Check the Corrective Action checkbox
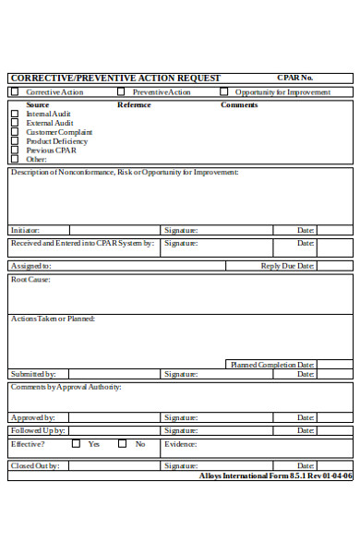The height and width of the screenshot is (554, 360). click(x=14, y=92)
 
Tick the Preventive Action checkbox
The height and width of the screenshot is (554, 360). click(x=121, y=92)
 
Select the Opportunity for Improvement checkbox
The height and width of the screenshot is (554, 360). click(x=223, y=92)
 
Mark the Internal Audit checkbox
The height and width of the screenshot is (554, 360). click(x=14, y=114)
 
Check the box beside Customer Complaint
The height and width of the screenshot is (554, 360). click(x=14, y=132)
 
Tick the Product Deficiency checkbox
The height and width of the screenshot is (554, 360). click(x=14, y=141)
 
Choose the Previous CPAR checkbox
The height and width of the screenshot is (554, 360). click(x=14, y=150)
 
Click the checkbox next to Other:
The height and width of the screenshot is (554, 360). click(x=14, y=159)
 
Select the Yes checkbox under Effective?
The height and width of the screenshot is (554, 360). click(x=74, y=444)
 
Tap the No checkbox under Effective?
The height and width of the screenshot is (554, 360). click(x=122, y=444)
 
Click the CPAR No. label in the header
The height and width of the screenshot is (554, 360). click(x=294, y=78)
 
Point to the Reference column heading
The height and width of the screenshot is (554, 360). click(x=134, y=104)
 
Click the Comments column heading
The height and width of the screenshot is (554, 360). click(x=238, y=104)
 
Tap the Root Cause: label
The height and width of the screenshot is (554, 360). click(x=30, y=279)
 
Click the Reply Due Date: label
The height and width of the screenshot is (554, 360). click(x=288, y=266)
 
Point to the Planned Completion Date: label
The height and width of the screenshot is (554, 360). click(x=272, y=365)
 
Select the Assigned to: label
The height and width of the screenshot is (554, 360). click(x=30, y=266)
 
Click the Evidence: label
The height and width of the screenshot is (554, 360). click(x=181, y=444)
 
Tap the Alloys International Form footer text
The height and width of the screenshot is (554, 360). click(x=275, y=477)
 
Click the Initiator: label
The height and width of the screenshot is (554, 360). click(x=26, y=231)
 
